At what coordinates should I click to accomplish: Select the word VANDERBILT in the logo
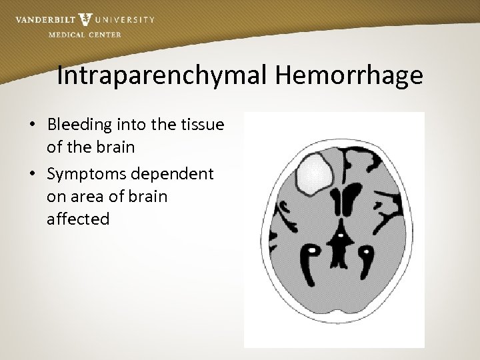44,19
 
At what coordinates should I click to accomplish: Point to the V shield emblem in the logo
85,20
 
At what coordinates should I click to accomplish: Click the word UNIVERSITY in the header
125,19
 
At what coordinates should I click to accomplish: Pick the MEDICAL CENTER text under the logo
85,35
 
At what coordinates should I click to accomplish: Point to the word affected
78,219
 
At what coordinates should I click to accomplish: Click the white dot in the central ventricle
340,236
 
